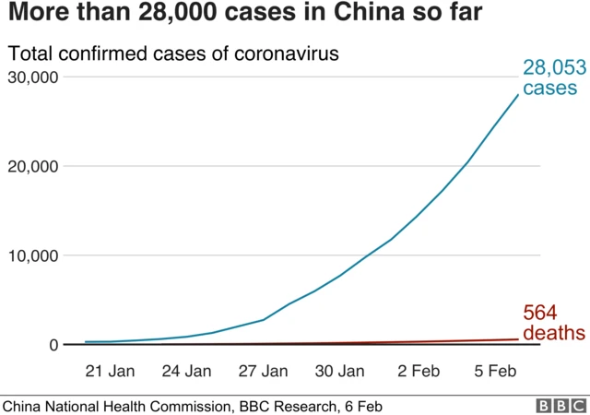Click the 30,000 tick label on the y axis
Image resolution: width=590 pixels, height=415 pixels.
32,77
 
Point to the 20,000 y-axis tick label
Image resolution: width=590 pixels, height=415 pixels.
32,166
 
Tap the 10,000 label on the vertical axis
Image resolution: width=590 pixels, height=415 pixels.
32,255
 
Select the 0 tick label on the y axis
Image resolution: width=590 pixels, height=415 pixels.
54,345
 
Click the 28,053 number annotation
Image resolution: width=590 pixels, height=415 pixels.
554,67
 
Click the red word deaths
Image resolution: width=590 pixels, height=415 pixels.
553,333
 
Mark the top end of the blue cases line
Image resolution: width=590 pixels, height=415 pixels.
518,94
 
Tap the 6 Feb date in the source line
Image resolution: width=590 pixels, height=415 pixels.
361,406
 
